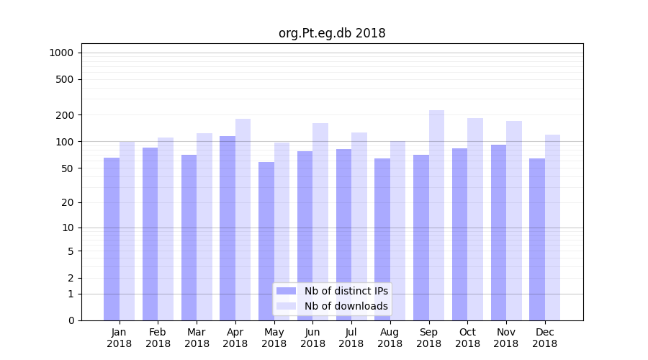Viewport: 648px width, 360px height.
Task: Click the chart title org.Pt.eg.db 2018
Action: (332, 33)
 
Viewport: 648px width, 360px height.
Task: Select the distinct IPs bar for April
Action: (228, 228)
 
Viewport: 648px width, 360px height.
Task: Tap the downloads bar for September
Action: (436, 215)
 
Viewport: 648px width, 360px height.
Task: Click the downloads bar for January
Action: (127, 231)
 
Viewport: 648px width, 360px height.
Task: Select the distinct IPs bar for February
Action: (150, 234)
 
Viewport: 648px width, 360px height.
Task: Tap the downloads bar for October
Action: (475, 220)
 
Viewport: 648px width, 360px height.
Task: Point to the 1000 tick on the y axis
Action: (61, 53)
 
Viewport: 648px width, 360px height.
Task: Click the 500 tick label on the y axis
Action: (65, 79)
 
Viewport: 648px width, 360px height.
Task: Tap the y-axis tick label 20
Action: (68, 202)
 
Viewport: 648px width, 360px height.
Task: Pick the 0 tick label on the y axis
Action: (71, 320)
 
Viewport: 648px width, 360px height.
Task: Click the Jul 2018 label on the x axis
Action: (351, 338)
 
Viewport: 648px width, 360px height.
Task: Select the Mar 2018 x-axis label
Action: (197, 338)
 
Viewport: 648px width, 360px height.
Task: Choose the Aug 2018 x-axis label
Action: (390, 338)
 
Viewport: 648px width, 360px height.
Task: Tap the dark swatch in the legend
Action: (286, 291)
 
